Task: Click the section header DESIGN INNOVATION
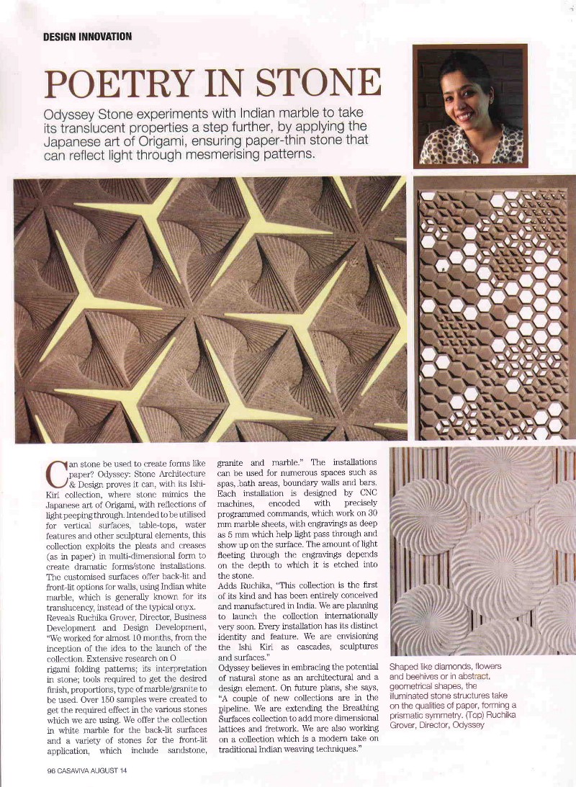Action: [x=87, y=36]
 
